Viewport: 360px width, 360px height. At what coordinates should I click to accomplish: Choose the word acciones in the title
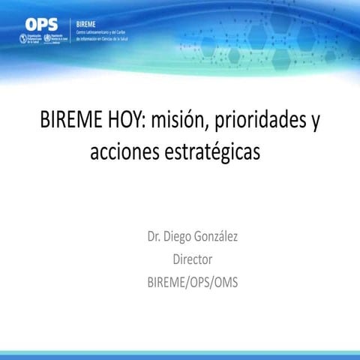122,152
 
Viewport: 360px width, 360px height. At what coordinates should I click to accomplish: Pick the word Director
193,260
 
